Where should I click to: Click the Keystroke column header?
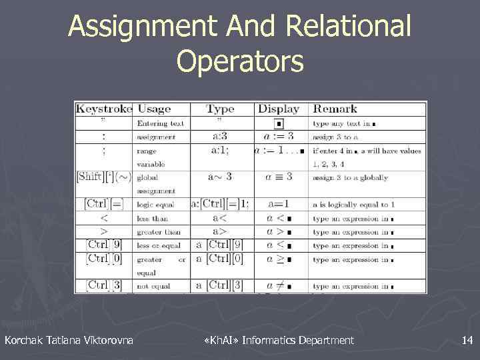[x=104, y=109]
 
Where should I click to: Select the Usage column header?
[x=154, y=109]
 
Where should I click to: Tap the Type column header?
[x=220, y=109]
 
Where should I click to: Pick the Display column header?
[x=279, y=109]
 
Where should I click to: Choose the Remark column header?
[x=335, y=109]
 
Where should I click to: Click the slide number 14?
[x=467, y=341]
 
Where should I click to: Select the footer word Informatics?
[x=269, y=341]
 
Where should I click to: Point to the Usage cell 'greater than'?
[x=159, y=232]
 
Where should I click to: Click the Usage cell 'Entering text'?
[x=161, y=123]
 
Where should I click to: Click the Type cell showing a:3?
[x=221, y=137]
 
